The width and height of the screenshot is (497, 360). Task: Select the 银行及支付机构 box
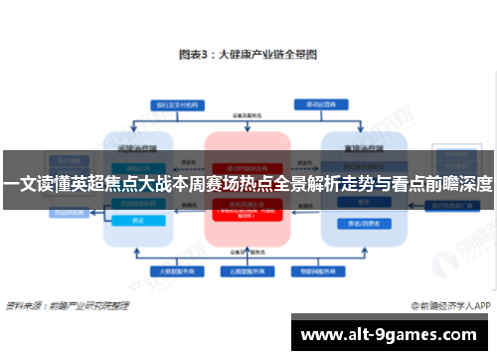pos(174,104)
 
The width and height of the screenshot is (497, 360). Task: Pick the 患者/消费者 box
pos(355,223)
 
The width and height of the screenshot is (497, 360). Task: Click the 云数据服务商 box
pos(247,270)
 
